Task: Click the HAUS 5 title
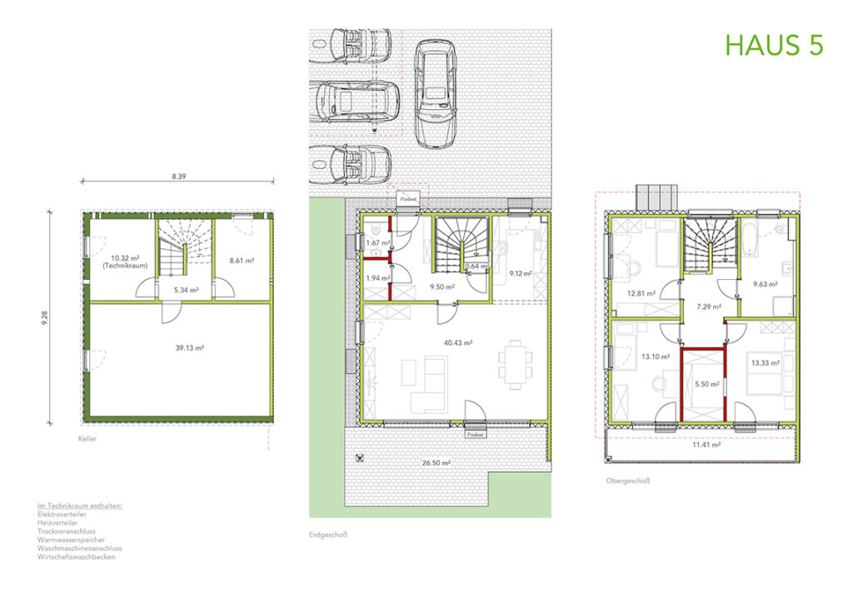[x=774, y=45]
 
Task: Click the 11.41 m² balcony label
[x=706, y=445]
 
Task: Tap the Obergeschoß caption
[x=628, y=481]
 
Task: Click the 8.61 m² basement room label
[x=241, y=261]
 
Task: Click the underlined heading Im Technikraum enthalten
[x=81, y=506]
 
